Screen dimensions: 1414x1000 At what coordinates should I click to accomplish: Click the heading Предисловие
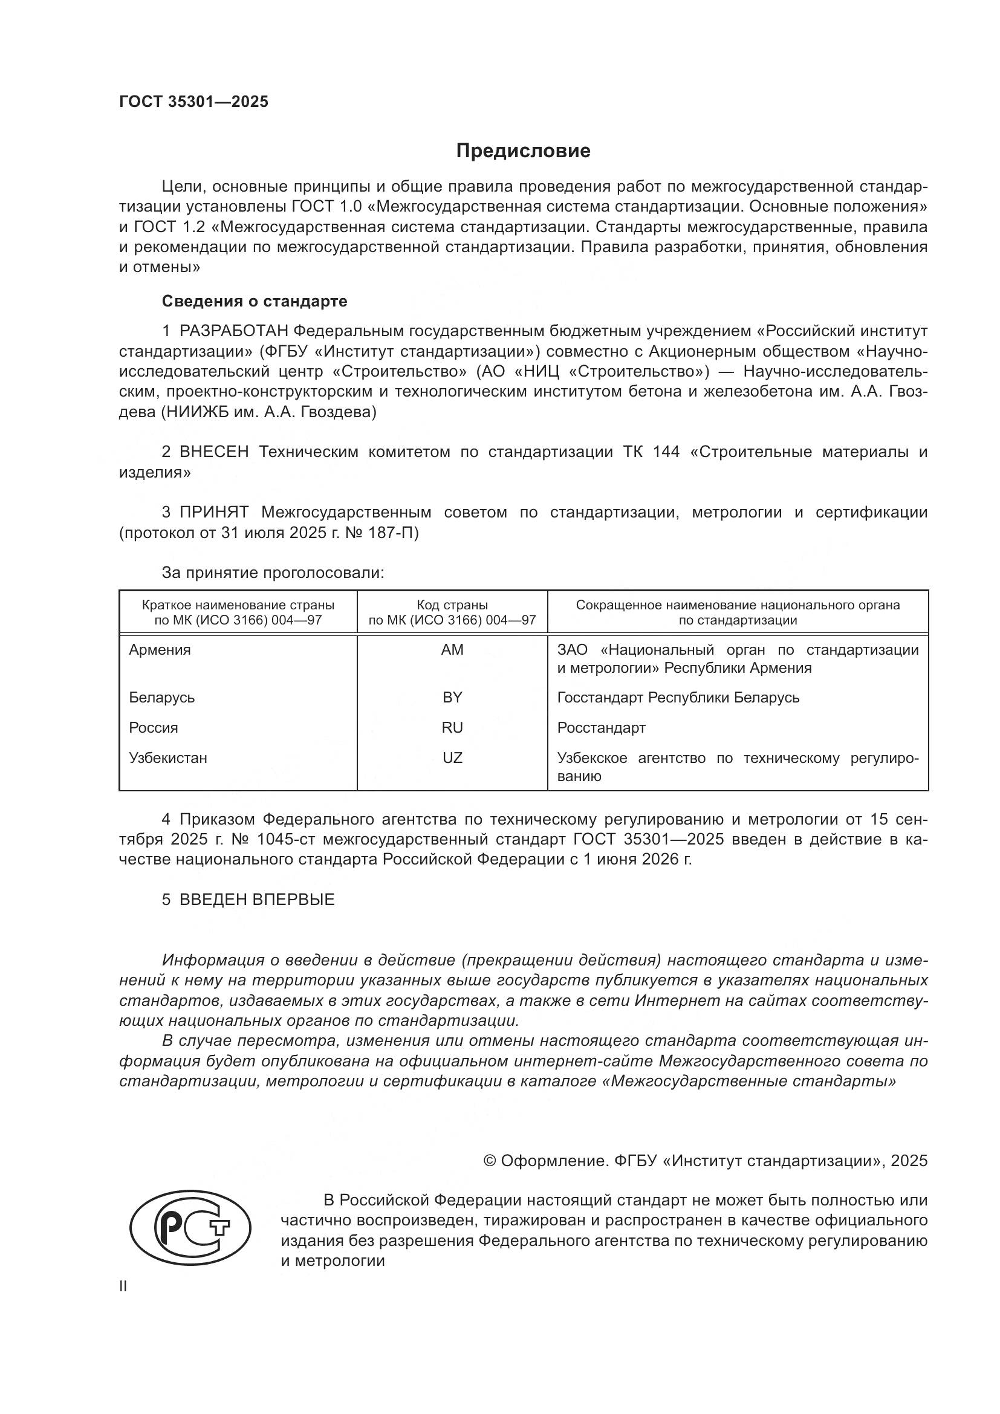[x=523, y=151]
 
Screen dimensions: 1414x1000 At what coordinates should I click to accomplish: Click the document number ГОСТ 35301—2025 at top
[x=194, y=102]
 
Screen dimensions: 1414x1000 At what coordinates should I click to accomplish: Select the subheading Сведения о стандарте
[x=255, y=301]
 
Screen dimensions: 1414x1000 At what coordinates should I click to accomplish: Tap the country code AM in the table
[x=452, y=650]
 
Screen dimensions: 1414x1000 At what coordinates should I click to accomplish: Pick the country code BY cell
[x=452, y=697]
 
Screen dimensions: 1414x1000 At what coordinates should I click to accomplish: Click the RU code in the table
[x=452, y=727]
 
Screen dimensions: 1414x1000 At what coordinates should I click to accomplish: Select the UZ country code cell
[x=452, y=757]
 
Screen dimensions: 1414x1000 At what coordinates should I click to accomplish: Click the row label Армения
[x=160, y=650]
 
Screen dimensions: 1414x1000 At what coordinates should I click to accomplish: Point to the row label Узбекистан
[x=168, y=757]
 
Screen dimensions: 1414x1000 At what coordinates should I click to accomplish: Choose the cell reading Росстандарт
[x=601, y=727]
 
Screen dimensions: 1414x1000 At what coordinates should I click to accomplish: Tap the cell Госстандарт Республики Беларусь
[x=678, y=697]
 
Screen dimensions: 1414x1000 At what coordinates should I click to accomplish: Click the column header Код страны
[x=452, y=605]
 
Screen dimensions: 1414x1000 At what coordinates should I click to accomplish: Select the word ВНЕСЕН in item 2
[x=213, y=452]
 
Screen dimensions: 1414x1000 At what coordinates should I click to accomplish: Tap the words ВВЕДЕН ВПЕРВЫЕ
[x=257, y=899]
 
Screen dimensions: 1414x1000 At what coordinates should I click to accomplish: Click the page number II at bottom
[x=123, y=1286]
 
